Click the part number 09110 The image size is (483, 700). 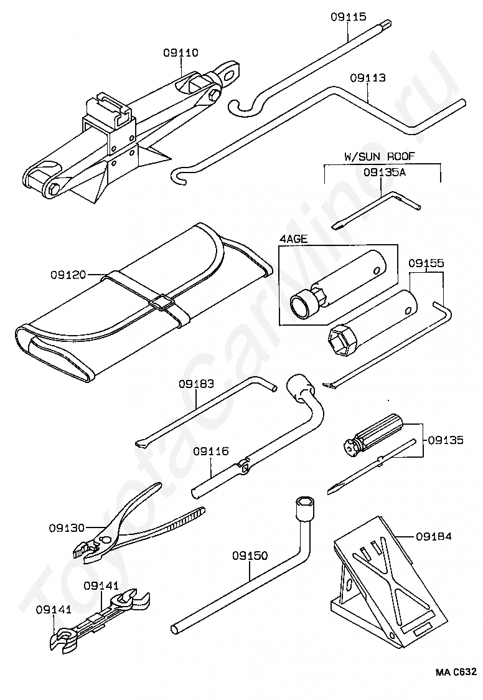point(181,53)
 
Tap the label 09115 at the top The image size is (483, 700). point(348,17)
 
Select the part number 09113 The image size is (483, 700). point(367,78)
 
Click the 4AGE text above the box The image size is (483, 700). point(293,239)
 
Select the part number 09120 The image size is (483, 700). point(68,274)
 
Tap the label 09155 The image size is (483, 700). point(426,263)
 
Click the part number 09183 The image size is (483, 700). point(196,384)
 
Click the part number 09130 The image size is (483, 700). point(67,527)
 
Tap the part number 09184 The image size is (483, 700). point(434,536)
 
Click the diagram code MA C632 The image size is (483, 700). point(456,672)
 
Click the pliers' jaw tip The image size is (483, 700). point(79,550)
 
